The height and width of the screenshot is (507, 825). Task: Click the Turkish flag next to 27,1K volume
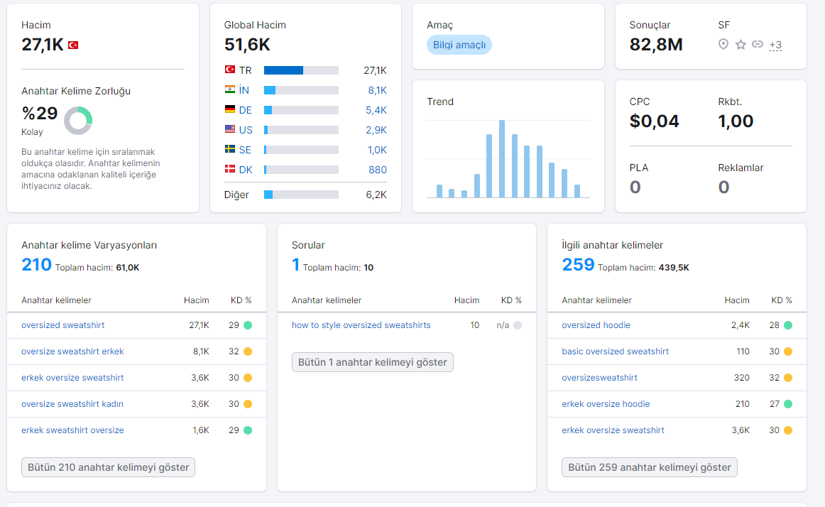pyautogui.click(x=73, y=45)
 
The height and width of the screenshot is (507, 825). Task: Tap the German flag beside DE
pyautogui.click(x=230, y=109)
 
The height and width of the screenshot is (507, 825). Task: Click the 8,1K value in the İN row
pyautogui.click(x=377, y=90)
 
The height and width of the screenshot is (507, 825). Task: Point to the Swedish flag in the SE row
pyautogui.click(x=230, y=150)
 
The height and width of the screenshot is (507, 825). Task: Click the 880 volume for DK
pyautogui.click(x=378, y=170)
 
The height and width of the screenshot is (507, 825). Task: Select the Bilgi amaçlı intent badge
pyautogui.click(x=459, y=45)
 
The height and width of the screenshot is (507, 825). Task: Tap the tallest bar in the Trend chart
pyautogui.click(x=502, y=159)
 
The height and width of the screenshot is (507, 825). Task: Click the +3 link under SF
pyautogui.click(x=775, y=45)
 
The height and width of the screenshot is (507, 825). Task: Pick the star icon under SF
pyautogui.click(x=741, y=45)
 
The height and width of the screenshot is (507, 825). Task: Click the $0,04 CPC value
pyautogui.click(x=654, y=121)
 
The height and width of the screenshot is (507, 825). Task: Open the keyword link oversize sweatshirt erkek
pyautogui.click(x=72, y=351)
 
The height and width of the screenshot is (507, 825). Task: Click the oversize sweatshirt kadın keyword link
pyautogui.click(x=72, y=404)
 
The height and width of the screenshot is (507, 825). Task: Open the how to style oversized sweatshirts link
pyautogui.click(x=361, y=325)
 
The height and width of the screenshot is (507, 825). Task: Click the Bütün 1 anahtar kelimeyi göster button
pyautogui.click(x=373, y=362)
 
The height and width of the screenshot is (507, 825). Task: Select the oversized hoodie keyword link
pyautogui.click(x=596, y=325)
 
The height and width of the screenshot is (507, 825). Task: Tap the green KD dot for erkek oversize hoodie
pyautogui.click(x=788, y=404)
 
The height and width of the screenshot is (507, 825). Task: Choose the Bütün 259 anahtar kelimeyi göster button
pyautogui.click(x=649, y=467)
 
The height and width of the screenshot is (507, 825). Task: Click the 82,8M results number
pyautogui.click(x=656, y=45)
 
